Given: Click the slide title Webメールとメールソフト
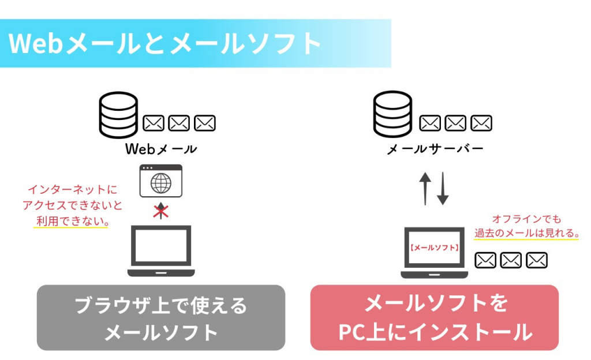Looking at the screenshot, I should (165, 44).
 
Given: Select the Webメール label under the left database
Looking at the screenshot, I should (161, 149).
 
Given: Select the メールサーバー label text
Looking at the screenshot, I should (435, 149).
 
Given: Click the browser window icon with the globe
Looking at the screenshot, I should (161, 181).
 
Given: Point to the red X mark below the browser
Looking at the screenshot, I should (160, 211).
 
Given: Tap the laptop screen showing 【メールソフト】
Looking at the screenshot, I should (434, 249).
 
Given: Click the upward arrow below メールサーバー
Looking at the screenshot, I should (425, 188).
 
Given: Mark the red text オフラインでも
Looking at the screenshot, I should (526, 219).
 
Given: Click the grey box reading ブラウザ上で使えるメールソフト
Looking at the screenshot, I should (161, 318).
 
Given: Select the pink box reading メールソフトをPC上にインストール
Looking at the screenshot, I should (435, 318).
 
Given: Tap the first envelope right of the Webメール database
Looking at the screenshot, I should (154, 123).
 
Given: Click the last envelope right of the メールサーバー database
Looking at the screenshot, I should (481, 123).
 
